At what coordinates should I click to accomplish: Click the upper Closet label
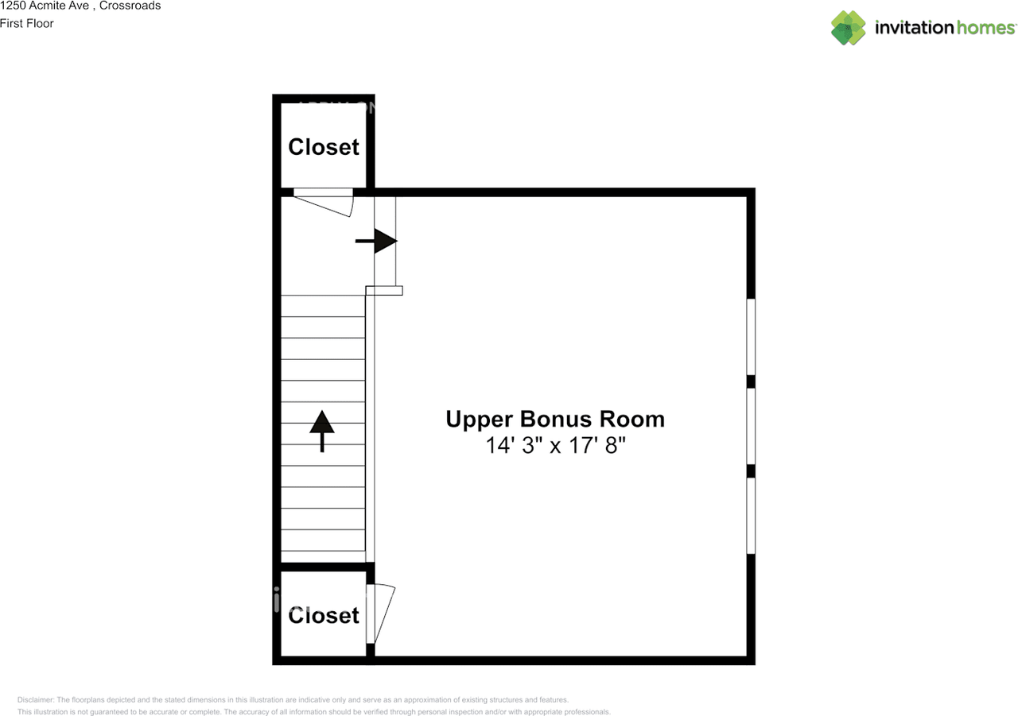323,147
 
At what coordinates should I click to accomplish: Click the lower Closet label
323,615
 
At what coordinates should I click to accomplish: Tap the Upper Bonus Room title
554,419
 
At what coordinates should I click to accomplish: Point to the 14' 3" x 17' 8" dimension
556,445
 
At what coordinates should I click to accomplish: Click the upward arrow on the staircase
322,430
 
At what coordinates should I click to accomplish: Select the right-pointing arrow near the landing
377,241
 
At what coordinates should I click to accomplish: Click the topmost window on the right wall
750,336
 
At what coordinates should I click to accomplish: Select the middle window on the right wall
750,426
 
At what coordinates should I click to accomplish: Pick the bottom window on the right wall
750,515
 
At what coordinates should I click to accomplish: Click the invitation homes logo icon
848,28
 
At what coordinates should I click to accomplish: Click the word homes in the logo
985,28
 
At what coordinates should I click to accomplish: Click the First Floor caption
27,23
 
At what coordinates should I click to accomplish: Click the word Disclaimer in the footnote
35,699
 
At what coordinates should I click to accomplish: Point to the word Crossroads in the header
130,6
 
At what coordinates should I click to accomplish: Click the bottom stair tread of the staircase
323,557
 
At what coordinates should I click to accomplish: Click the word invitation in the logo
914,28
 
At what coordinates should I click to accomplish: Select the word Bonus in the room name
555,419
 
